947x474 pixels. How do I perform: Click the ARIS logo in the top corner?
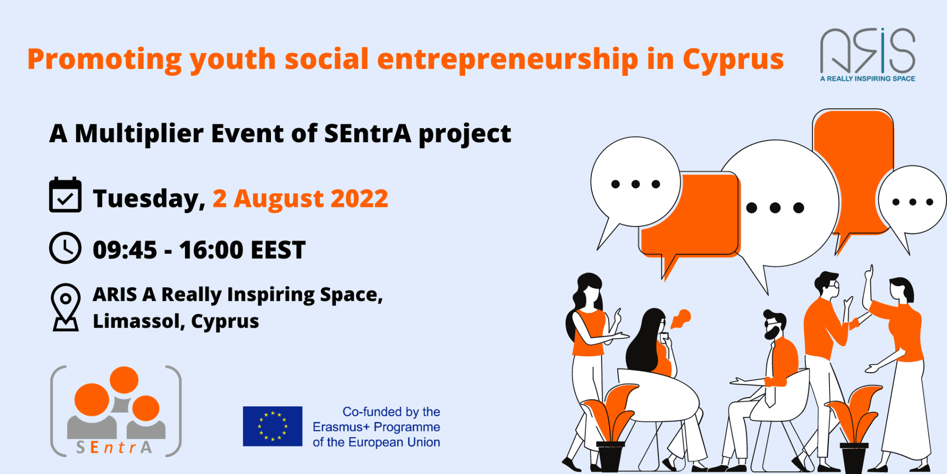[867, 55]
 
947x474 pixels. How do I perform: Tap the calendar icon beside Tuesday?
[65, 195]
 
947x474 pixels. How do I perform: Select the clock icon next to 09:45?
[65, 248]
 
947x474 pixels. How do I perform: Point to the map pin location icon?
[66, 307]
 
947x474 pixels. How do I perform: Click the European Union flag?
[272, 426]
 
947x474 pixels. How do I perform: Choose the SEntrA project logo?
[116, 411]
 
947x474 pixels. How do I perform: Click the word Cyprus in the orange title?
[733, 60]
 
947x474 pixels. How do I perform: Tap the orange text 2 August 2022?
[300, 199]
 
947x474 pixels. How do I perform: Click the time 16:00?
[211, 250]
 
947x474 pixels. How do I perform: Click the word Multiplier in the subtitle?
[139, 134]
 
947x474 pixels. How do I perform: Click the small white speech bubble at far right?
[912, 204]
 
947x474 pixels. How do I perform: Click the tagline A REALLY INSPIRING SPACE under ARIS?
[867, 79]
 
